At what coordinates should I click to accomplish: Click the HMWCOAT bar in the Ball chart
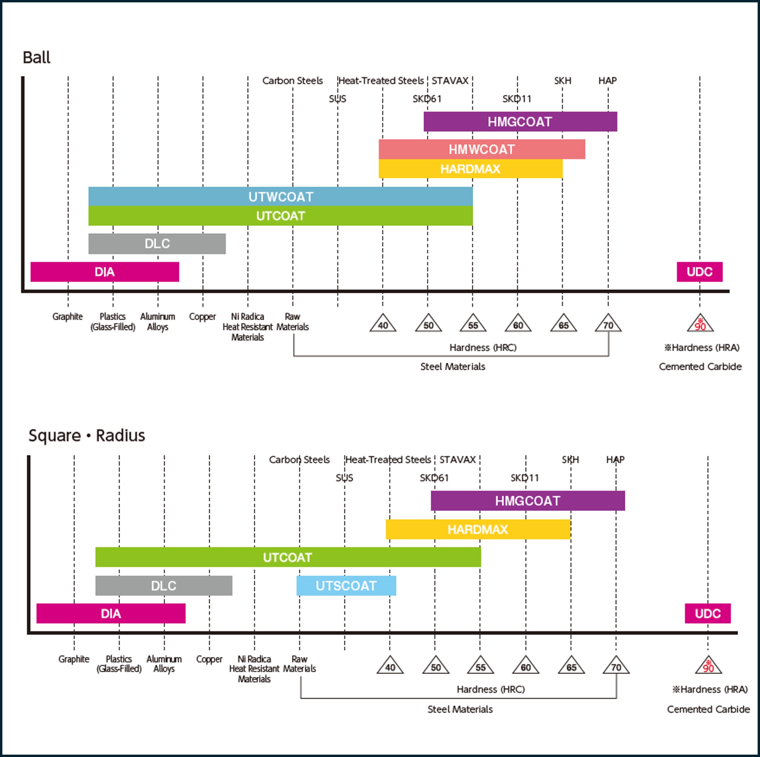tap(481, 149)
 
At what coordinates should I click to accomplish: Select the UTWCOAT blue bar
tap(281, 196)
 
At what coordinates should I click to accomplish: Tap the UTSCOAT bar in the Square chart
tap(346, 586)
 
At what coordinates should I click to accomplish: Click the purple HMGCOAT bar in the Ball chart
tap(520, 122)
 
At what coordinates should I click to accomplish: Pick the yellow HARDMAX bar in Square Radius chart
tap(478, 529)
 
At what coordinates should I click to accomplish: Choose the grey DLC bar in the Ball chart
tap(157, 244)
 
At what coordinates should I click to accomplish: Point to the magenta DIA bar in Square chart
tap(111, 613)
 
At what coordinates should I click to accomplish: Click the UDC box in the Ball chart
tap(699, 272)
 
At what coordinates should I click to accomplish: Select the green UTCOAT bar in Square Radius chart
tap(288, 557)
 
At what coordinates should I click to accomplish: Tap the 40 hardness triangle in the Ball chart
tap(383, 324)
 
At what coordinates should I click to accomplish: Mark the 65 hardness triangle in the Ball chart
tap(563, 324)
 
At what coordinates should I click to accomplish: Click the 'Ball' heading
tap(37, 57)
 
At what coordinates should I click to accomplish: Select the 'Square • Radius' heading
tap(87, 436)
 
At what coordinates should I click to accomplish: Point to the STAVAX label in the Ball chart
tap(450, 81)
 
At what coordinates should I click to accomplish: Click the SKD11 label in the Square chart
tap(524, 478)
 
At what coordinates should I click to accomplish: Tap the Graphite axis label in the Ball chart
tap(68, 317)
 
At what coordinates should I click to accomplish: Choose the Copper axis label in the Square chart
tap(209, 659)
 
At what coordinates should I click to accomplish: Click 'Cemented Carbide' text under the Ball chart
tap(700, 367)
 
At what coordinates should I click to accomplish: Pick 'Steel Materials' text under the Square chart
tap(460, 709)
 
